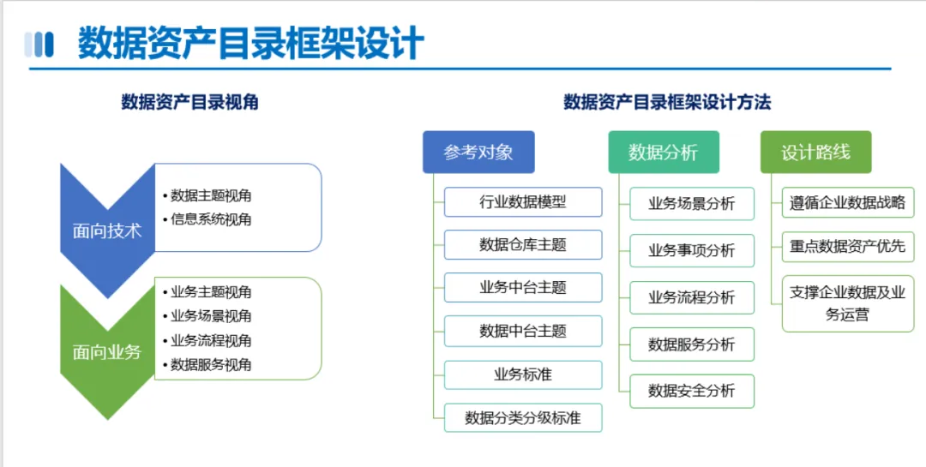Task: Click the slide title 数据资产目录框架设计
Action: (x=251, y=43)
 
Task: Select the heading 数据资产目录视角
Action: (x=189, y=102)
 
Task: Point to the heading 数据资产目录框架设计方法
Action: (x=667, y=102)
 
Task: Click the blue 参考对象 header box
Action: (x=479, y=153)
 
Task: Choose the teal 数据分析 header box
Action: (x=664, y=153)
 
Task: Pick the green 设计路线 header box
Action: (x=816, y=153)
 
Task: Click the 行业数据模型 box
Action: (x=523, y=202)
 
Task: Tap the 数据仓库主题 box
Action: (x=523, y=244)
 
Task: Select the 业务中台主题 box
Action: (x=523, y=288)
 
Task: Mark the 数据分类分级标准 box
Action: (x=523, y=419)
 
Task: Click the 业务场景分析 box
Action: (x=692, y=204)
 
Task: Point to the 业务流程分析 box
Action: (x=692, y=297)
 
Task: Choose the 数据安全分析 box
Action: (x=692, y=391)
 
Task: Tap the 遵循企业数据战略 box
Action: (x=848, y=202)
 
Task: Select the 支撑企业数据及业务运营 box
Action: (x=848, y=303)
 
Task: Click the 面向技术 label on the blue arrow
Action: (x=107, y=231)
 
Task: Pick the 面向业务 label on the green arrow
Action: (x=107, y=352)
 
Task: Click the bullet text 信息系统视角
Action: (x=211, y=219)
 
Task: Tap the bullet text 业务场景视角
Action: (x=211, y=316)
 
